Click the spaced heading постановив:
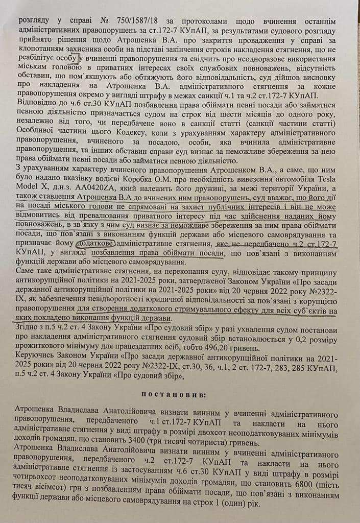pyautogui.click(x=182, y=395)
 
